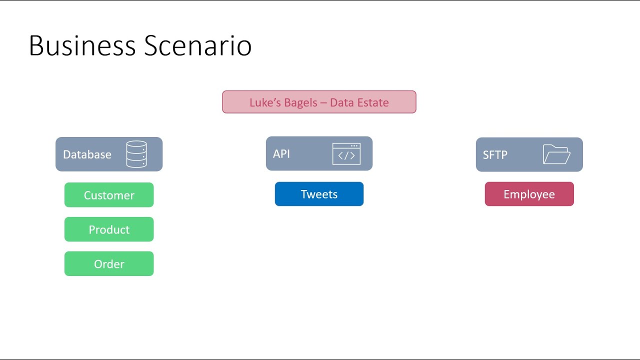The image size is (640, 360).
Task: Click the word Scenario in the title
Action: (x=198, y=45)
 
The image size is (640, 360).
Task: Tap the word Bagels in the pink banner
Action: (x=300, y=103)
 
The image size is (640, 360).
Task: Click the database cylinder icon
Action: (x=136, y=154)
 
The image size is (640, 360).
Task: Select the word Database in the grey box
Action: (x=87, y=154)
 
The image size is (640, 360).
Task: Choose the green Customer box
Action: (x=109, y=195)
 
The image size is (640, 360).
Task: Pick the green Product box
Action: (x=109, y=229)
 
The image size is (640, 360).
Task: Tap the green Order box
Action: (x=109, y=264)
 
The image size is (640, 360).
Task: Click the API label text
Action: (x=281, y=153)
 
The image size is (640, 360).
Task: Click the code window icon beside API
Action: (x=346, y=153)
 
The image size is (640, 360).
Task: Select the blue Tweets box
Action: (x=319, y=194)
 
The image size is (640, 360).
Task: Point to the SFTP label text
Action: (x=495, y=155)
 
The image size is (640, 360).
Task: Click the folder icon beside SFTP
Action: (x=556, y=154)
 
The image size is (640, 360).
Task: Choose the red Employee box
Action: (x=529, y=194)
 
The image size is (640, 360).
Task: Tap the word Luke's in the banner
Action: (x=265, y=102)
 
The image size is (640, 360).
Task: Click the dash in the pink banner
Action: (x=323, y=103)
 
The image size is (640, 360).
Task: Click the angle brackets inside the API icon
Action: (x=346, y=155)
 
